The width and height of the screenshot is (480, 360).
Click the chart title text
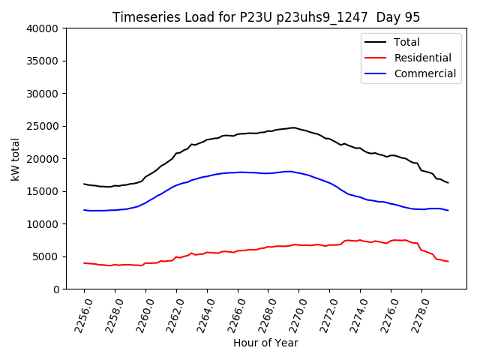click(266, 17)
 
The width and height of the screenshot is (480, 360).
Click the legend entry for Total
click(406, 42)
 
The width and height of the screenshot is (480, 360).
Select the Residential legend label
click(422, 58)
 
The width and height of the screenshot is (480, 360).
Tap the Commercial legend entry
click(424, 73)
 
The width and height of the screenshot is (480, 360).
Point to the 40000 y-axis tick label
click(43, 28)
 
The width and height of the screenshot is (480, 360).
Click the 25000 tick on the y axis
click(43, 126)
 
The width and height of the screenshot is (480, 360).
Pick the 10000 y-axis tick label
click(43, 223)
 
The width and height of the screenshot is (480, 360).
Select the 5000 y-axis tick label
click(46, 256)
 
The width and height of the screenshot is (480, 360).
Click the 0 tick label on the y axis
click(56, 289)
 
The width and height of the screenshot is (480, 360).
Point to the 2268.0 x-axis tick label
click(261, 313)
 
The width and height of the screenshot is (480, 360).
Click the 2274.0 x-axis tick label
click(352, 313)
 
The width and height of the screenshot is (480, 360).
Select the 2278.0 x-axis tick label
click(414, 313)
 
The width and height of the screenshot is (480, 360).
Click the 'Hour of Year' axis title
click(265, 343)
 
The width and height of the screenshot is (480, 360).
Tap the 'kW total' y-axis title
click(15, 158)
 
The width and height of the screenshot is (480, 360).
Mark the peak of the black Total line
click(293, 127)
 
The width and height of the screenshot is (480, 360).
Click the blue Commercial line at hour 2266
click(238, 172)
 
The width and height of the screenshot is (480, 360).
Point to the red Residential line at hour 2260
click(145, 263)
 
